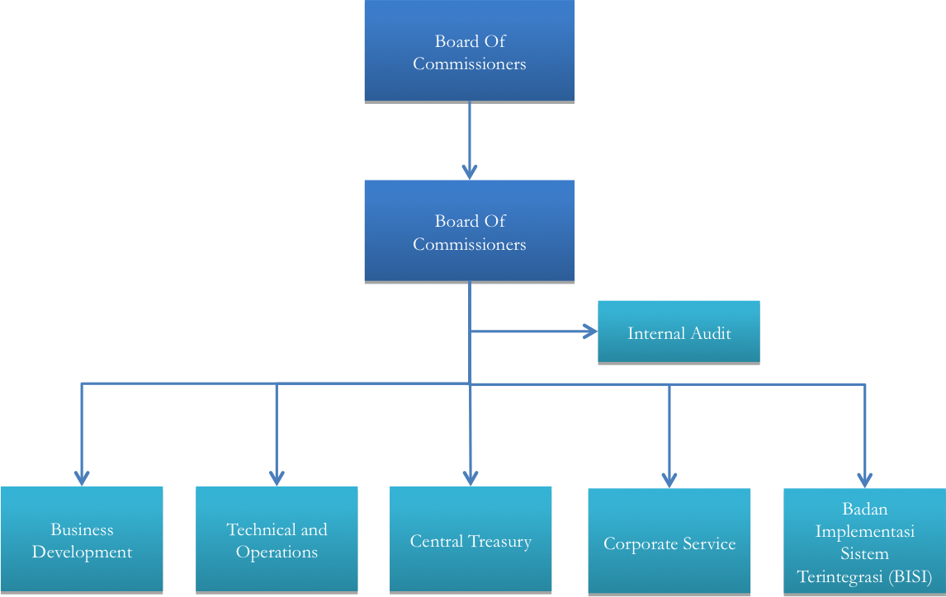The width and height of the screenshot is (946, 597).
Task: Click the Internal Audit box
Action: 678,332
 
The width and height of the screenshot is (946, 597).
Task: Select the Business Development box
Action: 82,540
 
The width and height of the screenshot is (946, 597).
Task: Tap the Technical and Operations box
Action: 277,540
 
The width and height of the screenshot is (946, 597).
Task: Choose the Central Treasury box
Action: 471,541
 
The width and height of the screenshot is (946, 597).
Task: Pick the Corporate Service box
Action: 669,543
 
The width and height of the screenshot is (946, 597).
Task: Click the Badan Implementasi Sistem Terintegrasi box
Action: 864,542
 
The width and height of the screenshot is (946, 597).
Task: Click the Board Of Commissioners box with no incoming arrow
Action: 469,51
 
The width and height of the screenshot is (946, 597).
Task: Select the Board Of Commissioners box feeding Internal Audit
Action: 469,232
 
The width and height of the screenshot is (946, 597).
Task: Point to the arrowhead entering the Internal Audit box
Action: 589,331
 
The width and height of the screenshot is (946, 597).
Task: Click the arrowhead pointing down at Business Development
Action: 82,477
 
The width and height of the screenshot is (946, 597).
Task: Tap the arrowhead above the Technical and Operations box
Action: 277,477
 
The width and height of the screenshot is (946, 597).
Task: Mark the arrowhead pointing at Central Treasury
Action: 471,477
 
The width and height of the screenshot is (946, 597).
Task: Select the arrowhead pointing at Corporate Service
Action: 669,479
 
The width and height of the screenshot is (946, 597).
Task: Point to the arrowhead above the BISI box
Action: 864,479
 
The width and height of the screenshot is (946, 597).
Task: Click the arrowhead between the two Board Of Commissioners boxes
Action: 469,171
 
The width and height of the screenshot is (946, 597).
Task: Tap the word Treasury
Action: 500,542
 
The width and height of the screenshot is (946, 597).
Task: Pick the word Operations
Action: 277,552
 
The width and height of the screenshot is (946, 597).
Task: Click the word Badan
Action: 864,508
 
